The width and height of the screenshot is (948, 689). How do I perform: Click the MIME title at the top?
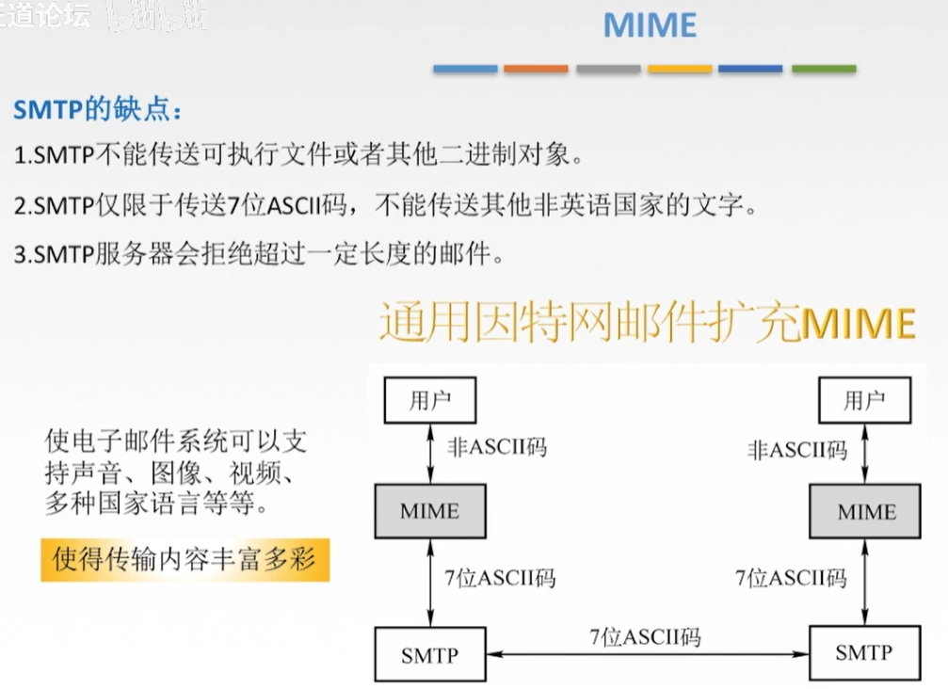[x=650, y=25]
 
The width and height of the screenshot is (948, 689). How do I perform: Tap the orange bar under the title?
[x=536, y=69]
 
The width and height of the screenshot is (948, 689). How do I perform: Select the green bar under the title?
[x=824, y=69]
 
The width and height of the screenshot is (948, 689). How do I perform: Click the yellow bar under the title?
[x=680, y=69]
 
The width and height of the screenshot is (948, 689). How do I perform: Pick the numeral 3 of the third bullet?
[x=21, y=254]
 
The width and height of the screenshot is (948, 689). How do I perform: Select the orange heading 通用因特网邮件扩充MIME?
[x=647, y=323]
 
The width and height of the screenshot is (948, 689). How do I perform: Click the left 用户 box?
[x=429, y=400]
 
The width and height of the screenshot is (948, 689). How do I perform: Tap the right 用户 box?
[x=865, y=400]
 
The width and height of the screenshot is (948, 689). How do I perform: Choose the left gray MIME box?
[x=430, y=511]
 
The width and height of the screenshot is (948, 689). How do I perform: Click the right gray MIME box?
[x=866, y=511]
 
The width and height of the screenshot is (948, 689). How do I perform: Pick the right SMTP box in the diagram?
[x=865, y=652]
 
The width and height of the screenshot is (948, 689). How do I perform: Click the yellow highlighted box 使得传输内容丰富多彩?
[x=185, y=561]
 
